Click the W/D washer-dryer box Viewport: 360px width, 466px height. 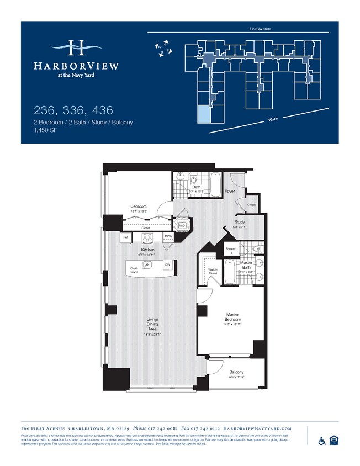[182, 225]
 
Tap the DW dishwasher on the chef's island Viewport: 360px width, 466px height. [167, 266]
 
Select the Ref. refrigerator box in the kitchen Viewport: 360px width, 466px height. [126, 237]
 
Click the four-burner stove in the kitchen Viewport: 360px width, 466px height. [147, 237]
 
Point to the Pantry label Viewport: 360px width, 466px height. [168, 236]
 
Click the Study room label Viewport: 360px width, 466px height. [239, 222]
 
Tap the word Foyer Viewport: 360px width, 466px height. [230, 192]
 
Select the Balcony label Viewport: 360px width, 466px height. [236, 372]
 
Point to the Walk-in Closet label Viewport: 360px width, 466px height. [213, 272]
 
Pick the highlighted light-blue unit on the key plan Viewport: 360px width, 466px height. [204, 115]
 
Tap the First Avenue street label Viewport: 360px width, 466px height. [260, 28]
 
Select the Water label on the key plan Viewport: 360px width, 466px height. [272, 119]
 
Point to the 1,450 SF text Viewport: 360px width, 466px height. [45, 130]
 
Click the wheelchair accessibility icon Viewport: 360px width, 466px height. [322, 440]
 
